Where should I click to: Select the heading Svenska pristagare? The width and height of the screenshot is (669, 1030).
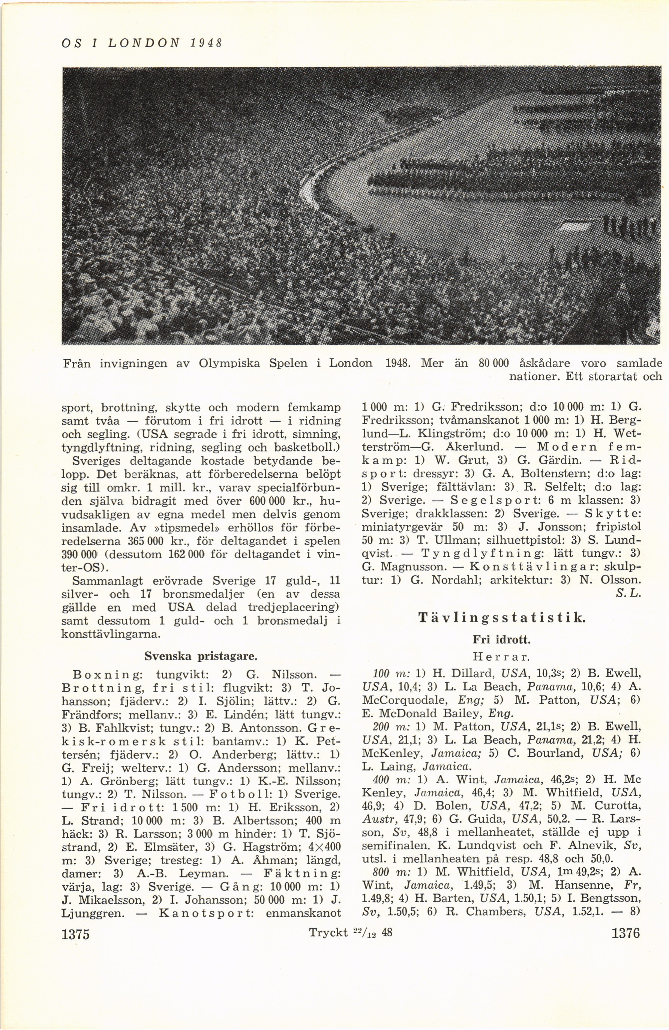click(x=201, y=656)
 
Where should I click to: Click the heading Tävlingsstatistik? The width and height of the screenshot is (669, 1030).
click(x=502, y=617)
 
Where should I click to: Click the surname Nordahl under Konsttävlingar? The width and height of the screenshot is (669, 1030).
click(x=456, y=581)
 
